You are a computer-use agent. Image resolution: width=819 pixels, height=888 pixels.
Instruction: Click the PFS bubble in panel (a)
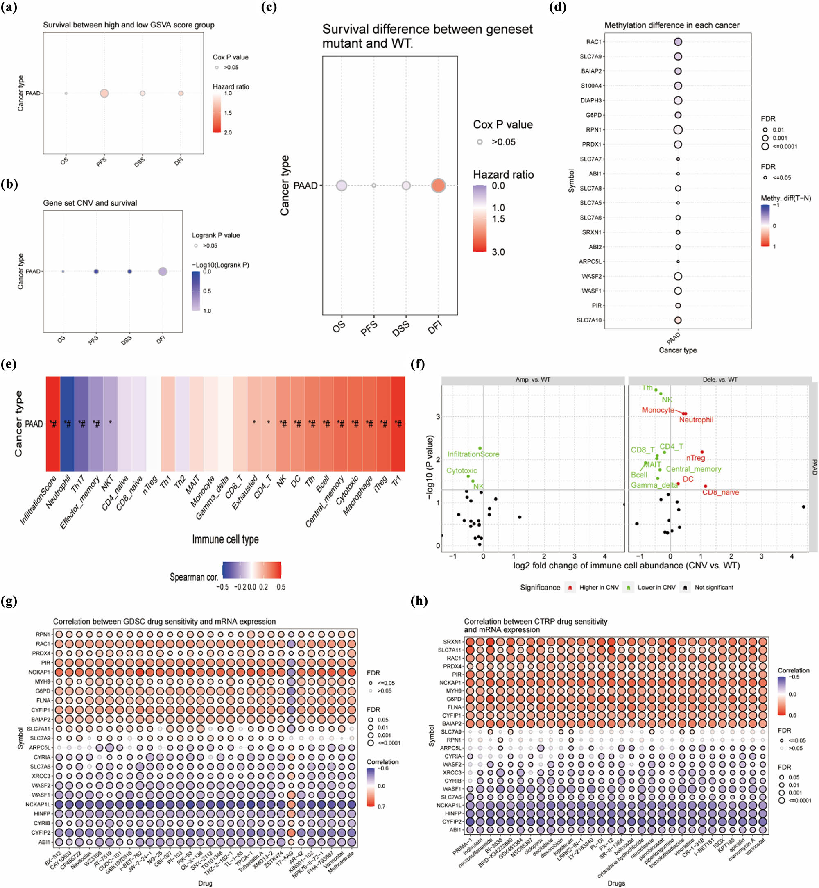pos(104,93)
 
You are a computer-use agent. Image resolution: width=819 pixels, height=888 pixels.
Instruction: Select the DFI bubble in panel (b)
pos(163,271)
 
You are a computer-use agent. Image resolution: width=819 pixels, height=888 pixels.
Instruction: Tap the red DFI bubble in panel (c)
pos(438,185)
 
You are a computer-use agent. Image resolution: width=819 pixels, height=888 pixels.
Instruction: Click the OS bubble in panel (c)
pos(341,185)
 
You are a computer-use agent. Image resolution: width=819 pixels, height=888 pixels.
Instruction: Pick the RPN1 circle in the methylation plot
pos(678,129)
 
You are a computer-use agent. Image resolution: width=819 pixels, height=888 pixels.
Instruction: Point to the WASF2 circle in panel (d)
pos(678,276)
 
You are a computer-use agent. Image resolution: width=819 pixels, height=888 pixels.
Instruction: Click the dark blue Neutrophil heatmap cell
pos(68,424)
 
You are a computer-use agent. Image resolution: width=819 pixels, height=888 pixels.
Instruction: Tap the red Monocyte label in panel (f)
pos(658,410)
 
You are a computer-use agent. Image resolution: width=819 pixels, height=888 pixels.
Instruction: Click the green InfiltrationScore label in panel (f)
pos(473,454)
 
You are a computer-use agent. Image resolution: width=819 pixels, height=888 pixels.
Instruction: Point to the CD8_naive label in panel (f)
pos(720,492)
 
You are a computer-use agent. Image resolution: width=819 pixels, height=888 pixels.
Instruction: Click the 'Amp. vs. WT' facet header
pos(533,380)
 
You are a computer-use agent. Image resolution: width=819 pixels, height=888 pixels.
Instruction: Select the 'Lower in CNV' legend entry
pos(656,587)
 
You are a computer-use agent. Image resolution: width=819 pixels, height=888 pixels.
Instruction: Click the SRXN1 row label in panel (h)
pos(452,641)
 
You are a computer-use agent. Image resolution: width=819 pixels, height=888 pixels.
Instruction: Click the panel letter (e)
pos(9,364)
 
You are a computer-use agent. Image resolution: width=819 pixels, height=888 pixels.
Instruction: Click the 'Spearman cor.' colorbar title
pos(194,577)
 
